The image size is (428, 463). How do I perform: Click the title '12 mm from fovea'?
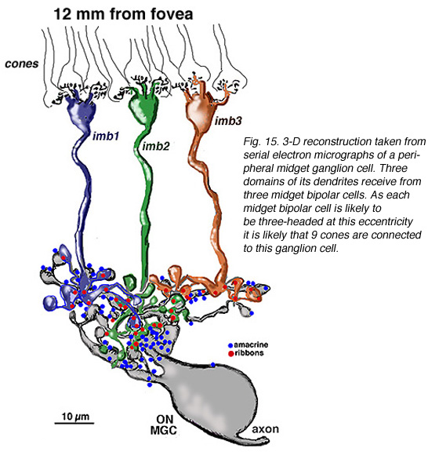123,14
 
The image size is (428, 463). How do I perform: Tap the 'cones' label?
22,64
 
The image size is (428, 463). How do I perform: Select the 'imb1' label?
106,136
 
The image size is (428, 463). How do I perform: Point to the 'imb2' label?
156,146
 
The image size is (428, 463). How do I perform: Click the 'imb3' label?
228,121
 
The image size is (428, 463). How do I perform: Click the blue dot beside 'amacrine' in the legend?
230,345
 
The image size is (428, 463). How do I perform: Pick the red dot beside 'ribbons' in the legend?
230,353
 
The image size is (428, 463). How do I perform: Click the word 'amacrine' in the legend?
251,345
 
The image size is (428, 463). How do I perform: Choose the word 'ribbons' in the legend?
249,353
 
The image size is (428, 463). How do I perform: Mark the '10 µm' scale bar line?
74,423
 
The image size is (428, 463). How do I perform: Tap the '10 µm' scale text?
75,416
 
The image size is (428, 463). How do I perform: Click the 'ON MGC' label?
164,425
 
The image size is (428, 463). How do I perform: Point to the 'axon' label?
266,428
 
